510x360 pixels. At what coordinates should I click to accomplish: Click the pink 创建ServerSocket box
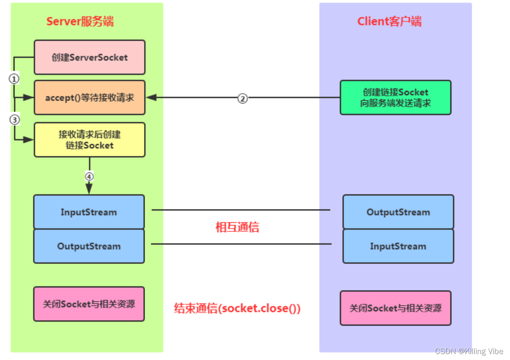[x=90, y=57]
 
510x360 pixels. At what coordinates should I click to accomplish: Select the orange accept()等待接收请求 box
[x=90, y=97]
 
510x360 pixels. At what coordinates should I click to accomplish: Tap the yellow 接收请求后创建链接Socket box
[x=90, y=140]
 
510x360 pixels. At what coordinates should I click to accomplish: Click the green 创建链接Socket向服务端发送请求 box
[x=395, y=97]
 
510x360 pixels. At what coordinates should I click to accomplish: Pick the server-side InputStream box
[x=89, y=212]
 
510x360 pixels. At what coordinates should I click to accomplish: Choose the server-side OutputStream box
[x=89, y=246]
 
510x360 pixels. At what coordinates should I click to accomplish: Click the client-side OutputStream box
[x=398, y=212]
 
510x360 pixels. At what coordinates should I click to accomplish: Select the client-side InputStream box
[x=398, y=246]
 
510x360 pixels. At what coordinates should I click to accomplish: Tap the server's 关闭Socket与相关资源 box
[x=89, y=304]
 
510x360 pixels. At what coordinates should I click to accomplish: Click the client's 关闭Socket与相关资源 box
[x=395, y=308]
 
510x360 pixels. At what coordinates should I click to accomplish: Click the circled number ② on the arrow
[x=242, y=98]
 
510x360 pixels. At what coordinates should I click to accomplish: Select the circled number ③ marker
[x=14, y=120]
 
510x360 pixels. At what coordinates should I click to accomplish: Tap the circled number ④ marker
[x=89, y=176]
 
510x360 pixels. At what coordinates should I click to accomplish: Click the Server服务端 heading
[x=80, y=21]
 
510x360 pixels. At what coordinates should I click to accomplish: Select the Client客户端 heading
[x=389, y=21]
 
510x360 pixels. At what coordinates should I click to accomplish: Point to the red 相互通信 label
[x=237, y=227]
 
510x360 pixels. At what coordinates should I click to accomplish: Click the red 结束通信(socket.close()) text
[x=237, y=308]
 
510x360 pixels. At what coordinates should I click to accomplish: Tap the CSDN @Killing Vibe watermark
[x=468, y=351]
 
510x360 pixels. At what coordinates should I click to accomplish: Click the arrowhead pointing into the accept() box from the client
[x=150, y=97]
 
